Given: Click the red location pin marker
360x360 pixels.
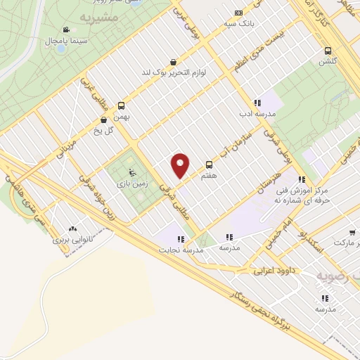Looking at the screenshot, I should pyautogui.click(x=181, y=165).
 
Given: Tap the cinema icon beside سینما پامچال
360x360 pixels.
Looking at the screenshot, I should pyautogui.click(x=65, y=30).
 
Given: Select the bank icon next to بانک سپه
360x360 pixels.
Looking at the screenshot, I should pyautogui.click(x=238, y=13).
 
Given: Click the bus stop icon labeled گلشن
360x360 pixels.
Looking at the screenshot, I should pyautogui.click(x=328, y=50).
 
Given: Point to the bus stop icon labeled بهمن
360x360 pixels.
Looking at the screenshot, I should pyautogui.click(x=121, y=105).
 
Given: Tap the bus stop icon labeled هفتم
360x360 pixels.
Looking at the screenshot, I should pyautogui.click(x=208, y=164).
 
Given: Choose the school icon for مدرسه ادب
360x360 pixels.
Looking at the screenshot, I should pyautogui.click(x=257, y=103).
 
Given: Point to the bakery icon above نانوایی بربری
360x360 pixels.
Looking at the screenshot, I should pyautogui.click(x=72, y=229).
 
